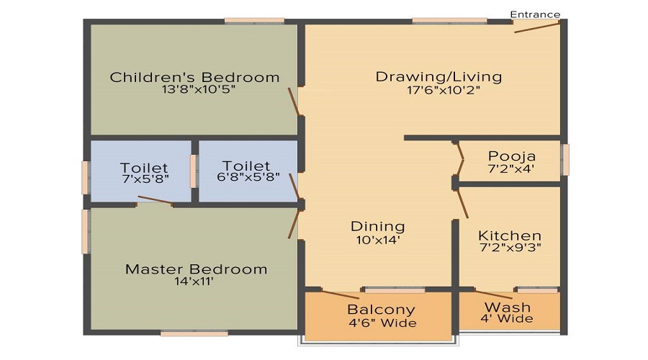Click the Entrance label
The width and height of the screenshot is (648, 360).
(x=535, y=14)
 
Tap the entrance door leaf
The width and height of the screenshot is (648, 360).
(x=537, y=27)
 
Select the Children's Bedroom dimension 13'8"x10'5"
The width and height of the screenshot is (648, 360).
(x=199, y=89)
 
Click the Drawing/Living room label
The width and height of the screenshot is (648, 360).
(x=439, y=76)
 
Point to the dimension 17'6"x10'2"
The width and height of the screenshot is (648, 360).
(x=444, y=90)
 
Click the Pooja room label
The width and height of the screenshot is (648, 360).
(x=512, y=156)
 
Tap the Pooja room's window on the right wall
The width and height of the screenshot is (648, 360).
(x=565, y=159)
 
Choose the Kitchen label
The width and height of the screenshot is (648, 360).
(x=510, y=235)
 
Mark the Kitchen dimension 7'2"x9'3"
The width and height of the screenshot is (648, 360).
(x=510, y=247)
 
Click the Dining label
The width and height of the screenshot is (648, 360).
(x=378, y=227)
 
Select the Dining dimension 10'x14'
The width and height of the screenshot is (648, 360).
(x=378, y=240)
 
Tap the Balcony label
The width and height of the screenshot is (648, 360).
(x=381, y=310)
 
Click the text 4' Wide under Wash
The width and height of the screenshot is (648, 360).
(x=507, y=318)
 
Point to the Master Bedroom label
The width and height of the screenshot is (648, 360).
(x=197, y=269)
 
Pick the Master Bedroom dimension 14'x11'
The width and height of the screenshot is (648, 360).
(x=194, y=282)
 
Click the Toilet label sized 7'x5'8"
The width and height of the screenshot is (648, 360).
(x=144, y=168)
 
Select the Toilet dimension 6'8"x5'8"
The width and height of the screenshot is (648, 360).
(x=248, y=177)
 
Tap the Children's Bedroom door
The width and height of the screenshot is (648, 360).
(x=294, y=102)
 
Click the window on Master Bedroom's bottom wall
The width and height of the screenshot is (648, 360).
(x=194, y=333)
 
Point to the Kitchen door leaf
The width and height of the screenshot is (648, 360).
(x=462, y=204)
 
